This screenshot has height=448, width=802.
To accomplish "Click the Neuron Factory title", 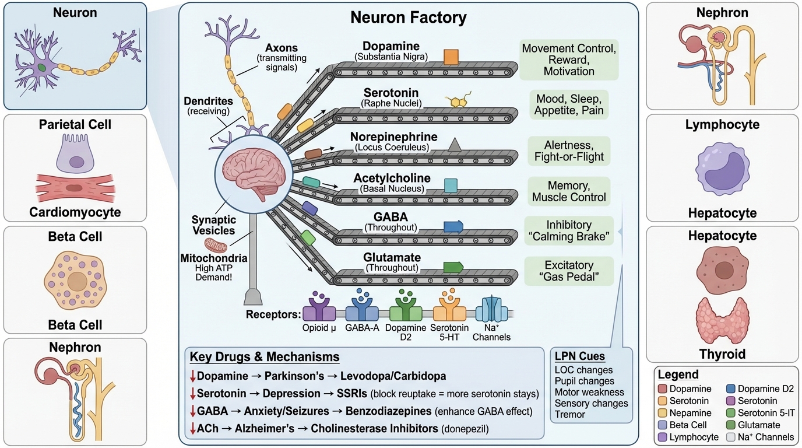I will pos(408,17).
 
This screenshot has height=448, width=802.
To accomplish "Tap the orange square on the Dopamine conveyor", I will pos(451,57).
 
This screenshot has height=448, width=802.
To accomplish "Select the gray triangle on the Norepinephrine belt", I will pos(455,145).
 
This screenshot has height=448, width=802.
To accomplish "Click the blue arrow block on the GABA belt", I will pos(453,227).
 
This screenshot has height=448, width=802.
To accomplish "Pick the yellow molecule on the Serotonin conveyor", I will pos(458,100).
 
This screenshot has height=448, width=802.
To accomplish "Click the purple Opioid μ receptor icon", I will pos(319,306).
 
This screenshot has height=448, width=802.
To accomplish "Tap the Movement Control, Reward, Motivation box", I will pos(569,60).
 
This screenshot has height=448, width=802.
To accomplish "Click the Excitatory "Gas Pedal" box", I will pos(569,271).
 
